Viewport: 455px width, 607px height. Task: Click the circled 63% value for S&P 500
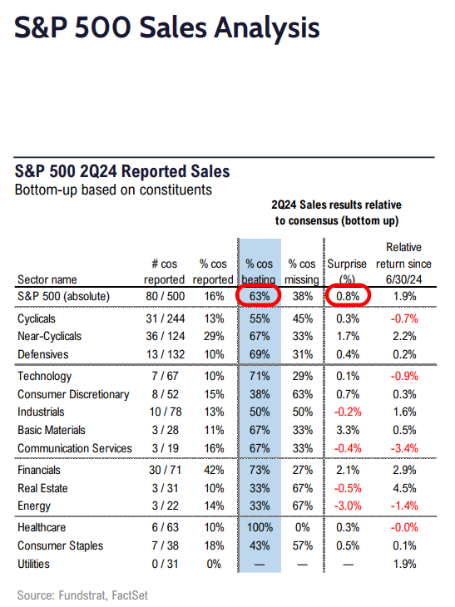click(x=260, y=296)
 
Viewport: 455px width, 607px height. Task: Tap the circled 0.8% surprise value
click(x=348, y=296)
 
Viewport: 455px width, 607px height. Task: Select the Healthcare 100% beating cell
click(x=260, y=527)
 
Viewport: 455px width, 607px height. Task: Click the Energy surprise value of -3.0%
click(x=348, y=506)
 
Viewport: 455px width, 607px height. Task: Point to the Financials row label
click(x=39, y=470)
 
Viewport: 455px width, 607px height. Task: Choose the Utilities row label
click(x=34, y=564)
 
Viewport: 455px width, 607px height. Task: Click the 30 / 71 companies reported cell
click(x=166, y=470)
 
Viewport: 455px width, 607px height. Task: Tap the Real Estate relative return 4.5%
click(x=404, y=488)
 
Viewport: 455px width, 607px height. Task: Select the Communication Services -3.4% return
click(x=404, y=448)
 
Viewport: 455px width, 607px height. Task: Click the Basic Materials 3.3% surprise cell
click(x=348, y=430)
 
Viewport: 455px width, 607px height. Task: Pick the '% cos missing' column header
click(x=302, y=271)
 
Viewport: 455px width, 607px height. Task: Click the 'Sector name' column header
click(x=47, y=279)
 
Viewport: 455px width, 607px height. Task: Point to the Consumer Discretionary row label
click(x=73, y=394)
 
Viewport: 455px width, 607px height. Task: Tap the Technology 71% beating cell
click(x=260, y=376)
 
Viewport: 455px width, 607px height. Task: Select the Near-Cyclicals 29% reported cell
click(x=214, y=336)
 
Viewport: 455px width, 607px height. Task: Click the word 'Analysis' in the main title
click(x=268, y=28)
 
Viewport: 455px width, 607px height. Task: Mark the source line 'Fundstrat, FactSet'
click(x=103, y=595)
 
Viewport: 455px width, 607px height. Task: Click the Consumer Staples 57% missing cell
click(x=303, y=545)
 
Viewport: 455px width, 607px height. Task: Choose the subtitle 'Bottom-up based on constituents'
click(x=113, y=190)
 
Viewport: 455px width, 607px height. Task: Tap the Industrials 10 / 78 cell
click(x=166, y=412)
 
